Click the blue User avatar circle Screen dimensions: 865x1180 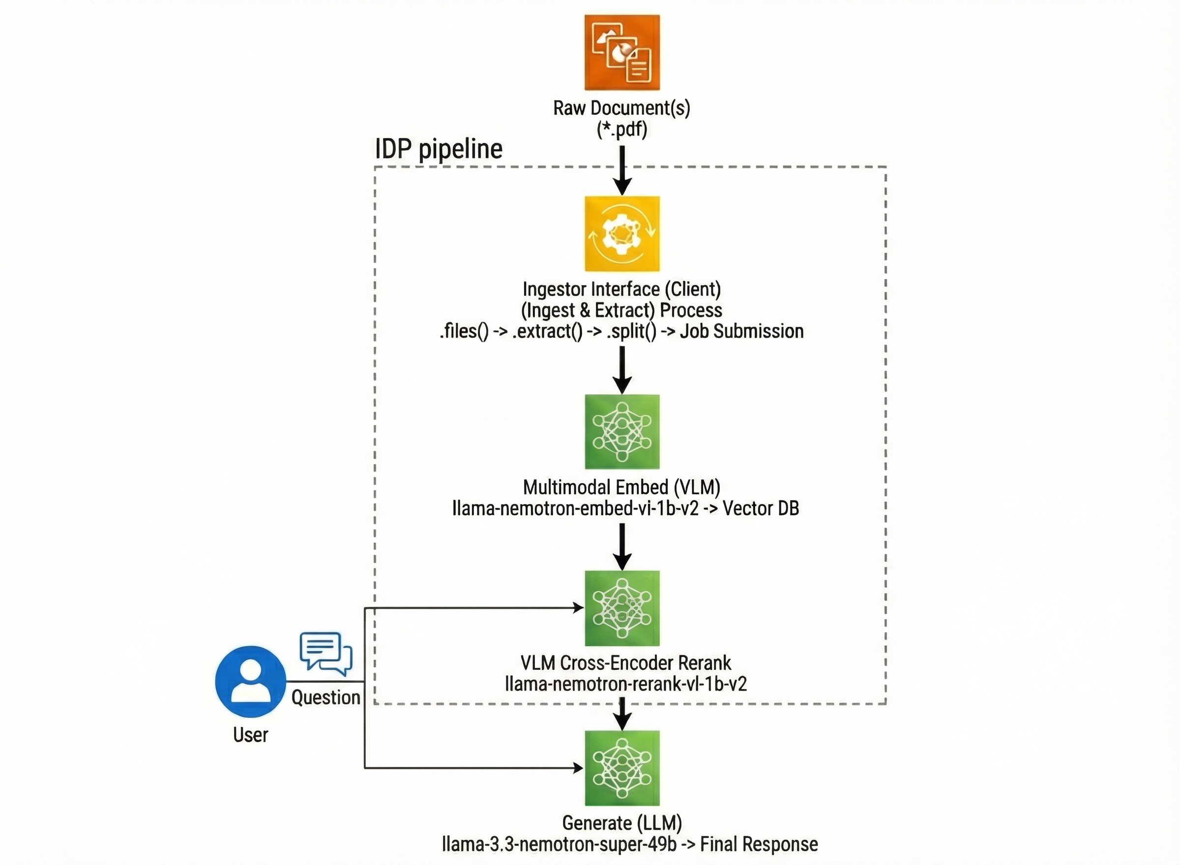tap(250, 681)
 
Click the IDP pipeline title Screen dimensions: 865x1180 tap(439, 149)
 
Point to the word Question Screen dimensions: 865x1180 tap(325, 697)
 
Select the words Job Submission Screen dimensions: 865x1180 tap(741, 331)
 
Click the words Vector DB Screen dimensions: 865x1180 tap(761, 508)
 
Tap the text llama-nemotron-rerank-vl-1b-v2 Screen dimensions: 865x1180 tap(625, 684)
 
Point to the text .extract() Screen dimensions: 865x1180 tap(547, 331)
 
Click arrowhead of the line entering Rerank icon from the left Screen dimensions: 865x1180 tap(578, 607)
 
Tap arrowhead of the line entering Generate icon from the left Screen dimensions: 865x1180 tap(578, 768)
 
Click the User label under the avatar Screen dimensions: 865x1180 tap(250, 735)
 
